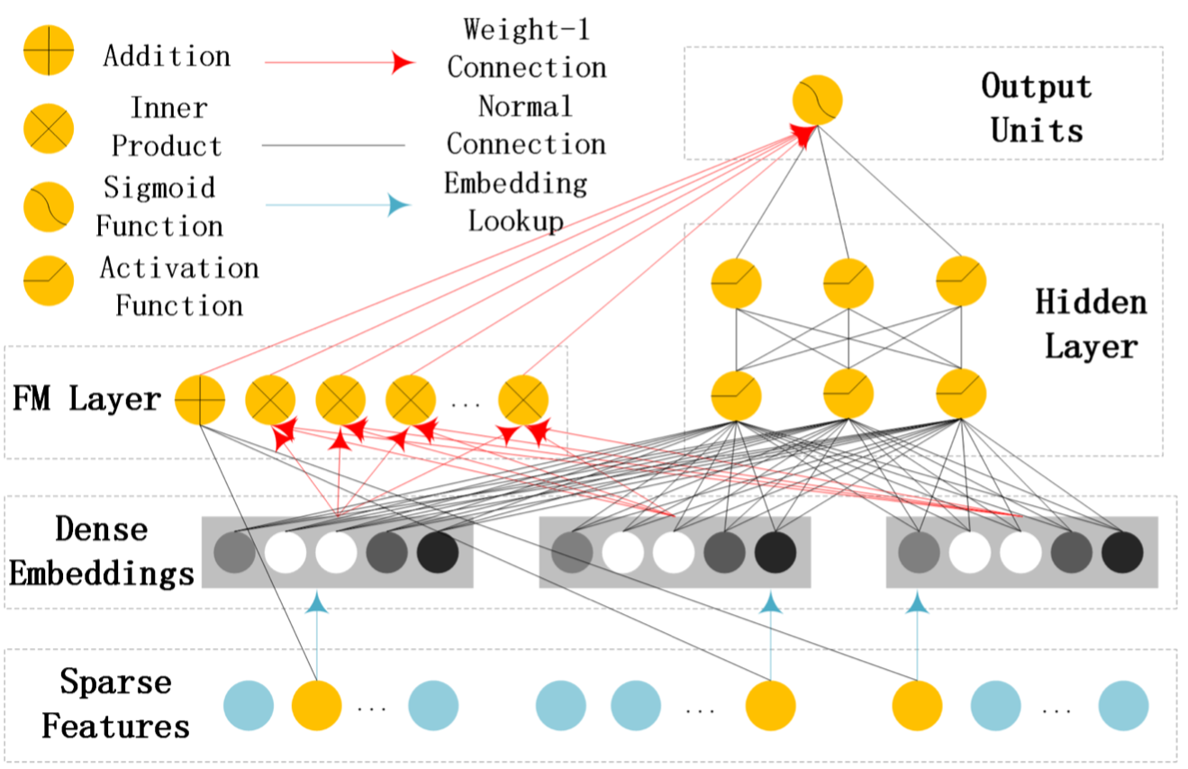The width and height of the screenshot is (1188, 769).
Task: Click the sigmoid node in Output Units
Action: (817, 100)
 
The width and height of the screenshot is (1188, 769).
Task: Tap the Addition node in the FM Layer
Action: (200, 399)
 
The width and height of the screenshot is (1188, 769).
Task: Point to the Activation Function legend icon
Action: (48, 283)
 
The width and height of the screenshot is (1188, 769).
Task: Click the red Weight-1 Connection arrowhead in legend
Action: (402, 63)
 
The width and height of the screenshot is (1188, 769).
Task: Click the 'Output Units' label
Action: (1036, 109)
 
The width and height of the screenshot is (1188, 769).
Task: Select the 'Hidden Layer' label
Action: (1091, 323)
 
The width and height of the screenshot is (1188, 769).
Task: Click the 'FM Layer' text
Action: (86, 399)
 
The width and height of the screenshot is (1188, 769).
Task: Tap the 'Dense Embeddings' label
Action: (101, 551)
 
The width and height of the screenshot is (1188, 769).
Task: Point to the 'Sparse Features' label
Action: (115, 703)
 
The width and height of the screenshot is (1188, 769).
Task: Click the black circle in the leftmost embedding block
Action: (438, 552)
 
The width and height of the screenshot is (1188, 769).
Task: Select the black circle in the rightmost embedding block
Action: (1122, 552)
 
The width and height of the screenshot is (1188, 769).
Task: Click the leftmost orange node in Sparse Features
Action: (317, 705)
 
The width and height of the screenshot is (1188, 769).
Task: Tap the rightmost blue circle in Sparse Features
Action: (1123, 705)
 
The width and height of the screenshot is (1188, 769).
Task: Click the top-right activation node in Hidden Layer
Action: (961, 282)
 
